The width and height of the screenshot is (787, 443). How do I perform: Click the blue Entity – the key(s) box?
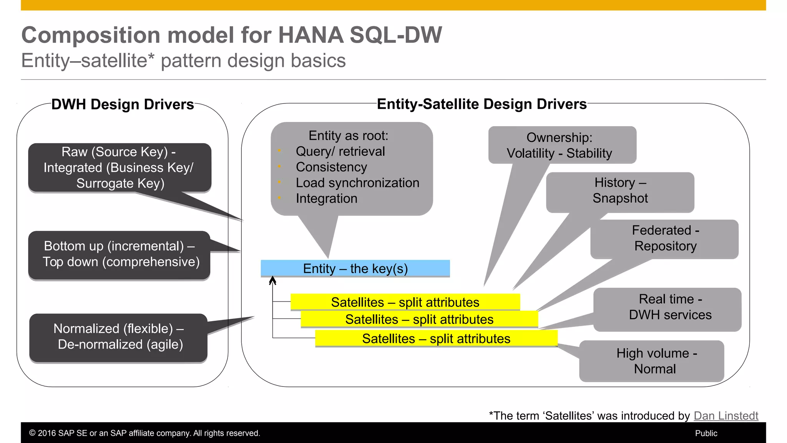click(x=355, y=268)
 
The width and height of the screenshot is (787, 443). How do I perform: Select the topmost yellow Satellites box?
click(x=405, y=302)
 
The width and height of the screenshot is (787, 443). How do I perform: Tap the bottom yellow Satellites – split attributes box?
click(x=436, y=338)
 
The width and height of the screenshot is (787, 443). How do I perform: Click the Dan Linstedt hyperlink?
click(x=726, y=416)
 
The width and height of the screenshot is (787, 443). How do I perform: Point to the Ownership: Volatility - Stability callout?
click(x=562, y=145)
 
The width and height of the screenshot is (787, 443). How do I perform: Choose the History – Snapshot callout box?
click(x=620, y=191)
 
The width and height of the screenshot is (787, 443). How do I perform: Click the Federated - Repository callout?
click(x=665, y=238)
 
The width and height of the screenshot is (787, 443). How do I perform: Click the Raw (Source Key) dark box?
click(x=119, y=168)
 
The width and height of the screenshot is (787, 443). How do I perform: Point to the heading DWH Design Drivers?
click(x=123, y=105)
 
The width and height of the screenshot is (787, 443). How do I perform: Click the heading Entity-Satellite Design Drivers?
click(x=481, y=104)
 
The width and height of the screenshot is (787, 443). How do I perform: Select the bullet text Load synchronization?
click(x=357, y=183)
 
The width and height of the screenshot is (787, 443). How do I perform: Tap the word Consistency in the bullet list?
click(x=331, y=167)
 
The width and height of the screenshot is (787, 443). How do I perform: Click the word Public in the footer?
click(x=706, y=433)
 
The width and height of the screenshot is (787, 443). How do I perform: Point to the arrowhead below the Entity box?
click(x=272, y=280)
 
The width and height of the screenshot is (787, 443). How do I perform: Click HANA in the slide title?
click(x=310, y=35)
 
